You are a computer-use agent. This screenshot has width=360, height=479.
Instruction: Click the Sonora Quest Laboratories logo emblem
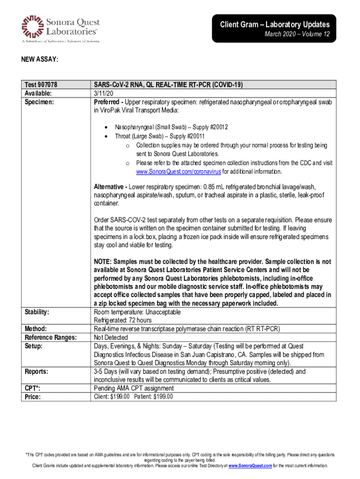pos(31,26)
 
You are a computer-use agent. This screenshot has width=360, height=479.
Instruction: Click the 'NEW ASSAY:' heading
pos(39,59)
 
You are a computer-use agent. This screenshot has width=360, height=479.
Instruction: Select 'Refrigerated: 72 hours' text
pos(122,320)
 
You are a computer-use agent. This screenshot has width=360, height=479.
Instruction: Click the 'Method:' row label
pos(36,329)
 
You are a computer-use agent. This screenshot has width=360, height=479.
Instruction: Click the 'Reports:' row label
pos(36,371)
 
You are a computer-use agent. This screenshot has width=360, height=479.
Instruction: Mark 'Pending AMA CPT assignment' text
pos(134,388)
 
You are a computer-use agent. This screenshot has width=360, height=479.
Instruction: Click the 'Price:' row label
pos(33,397)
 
